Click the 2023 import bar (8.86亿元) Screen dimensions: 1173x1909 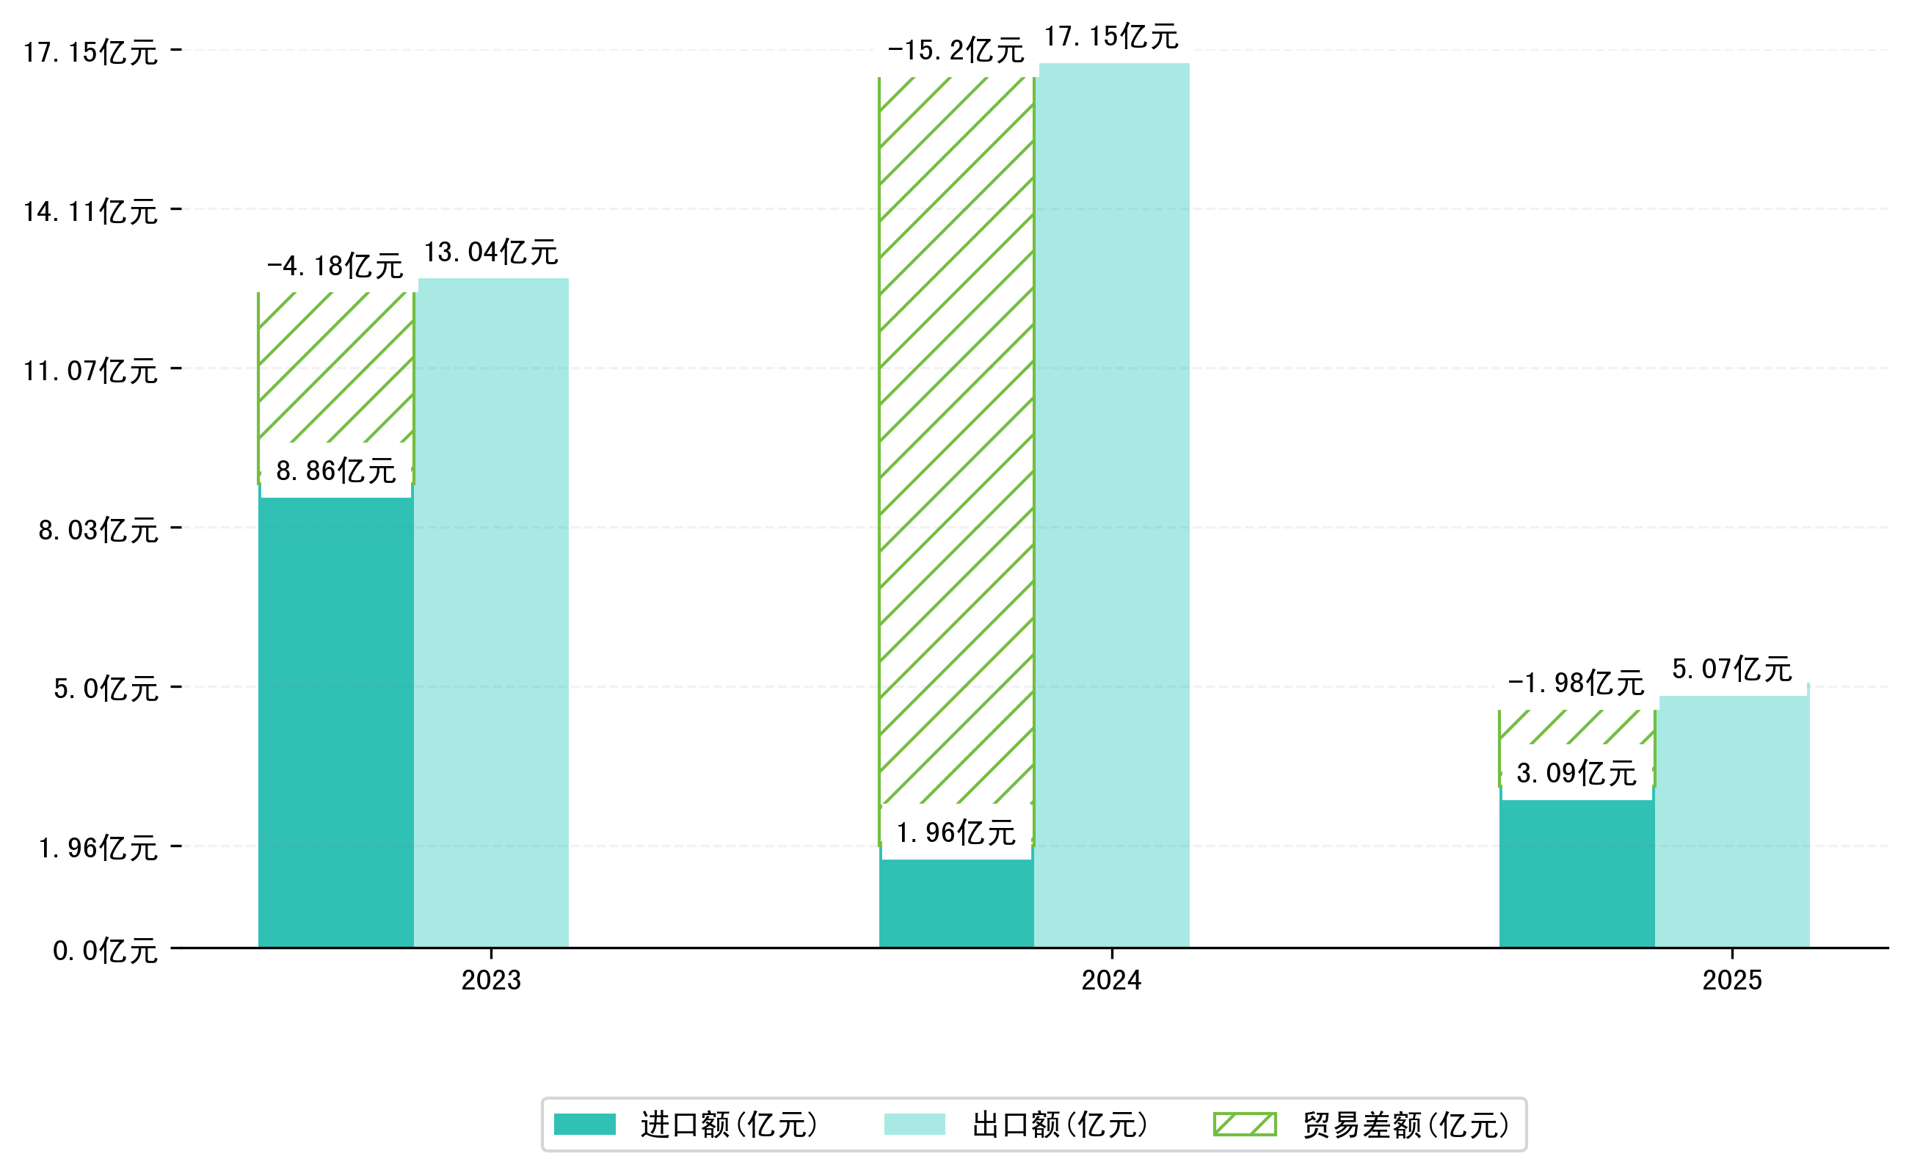coord(335,722)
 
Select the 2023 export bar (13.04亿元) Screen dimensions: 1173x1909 coord(492,613)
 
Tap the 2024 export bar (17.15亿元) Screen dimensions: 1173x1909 coord(1113,504)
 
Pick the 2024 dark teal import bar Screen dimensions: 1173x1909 coord(956,904)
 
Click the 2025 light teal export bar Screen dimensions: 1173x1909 coord(1734,822)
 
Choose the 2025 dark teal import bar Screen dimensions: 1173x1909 coord(1577,873)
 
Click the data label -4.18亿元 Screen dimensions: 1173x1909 coord(335,266)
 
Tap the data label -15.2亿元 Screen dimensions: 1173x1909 coord(956,51)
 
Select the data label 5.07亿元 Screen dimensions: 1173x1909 coord(1731,669)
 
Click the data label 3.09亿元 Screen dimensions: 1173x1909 coord(1577,773)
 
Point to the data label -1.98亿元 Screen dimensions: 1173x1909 coord(1576,683)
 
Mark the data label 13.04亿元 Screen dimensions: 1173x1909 coord(491,252)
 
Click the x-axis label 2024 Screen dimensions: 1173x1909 coord(1112,981)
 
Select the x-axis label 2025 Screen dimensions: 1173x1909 coord(1732,981)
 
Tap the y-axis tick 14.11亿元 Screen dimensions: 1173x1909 coord(91,211)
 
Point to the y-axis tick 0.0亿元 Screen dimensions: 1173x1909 coord(105,951)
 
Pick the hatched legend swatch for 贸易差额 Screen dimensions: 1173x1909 coord(1244,1124)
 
